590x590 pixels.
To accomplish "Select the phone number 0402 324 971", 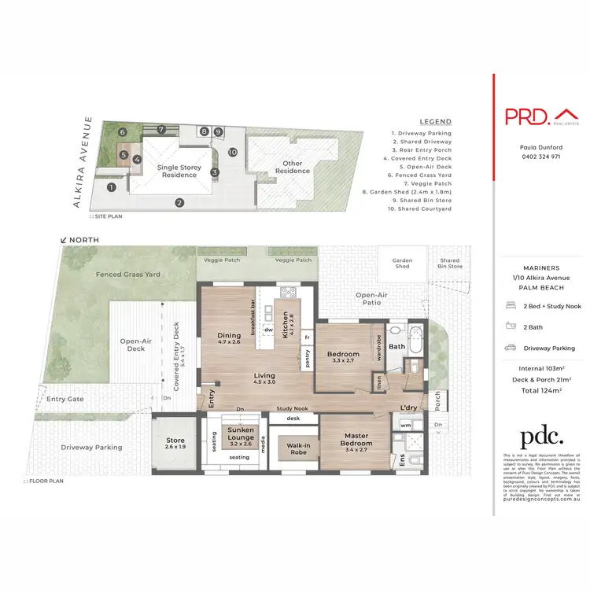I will tap(541, 157).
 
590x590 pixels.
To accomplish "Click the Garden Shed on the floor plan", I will tap(403, 264).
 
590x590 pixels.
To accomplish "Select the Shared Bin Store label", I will tap(450, 264).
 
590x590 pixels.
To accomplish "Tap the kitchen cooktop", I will tap(288, 294).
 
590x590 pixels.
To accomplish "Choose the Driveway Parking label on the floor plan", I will tap(92, 447).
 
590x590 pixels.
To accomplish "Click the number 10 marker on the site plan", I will tap(232, 151).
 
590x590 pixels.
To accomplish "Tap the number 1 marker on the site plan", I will tap(112, 187).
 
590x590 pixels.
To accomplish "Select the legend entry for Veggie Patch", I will tap(410, 183).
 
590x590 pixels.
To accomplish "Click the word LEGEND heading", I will tap(435, 122).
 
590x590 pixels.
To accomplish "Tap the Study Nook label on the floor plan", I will tap(291, 409).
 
